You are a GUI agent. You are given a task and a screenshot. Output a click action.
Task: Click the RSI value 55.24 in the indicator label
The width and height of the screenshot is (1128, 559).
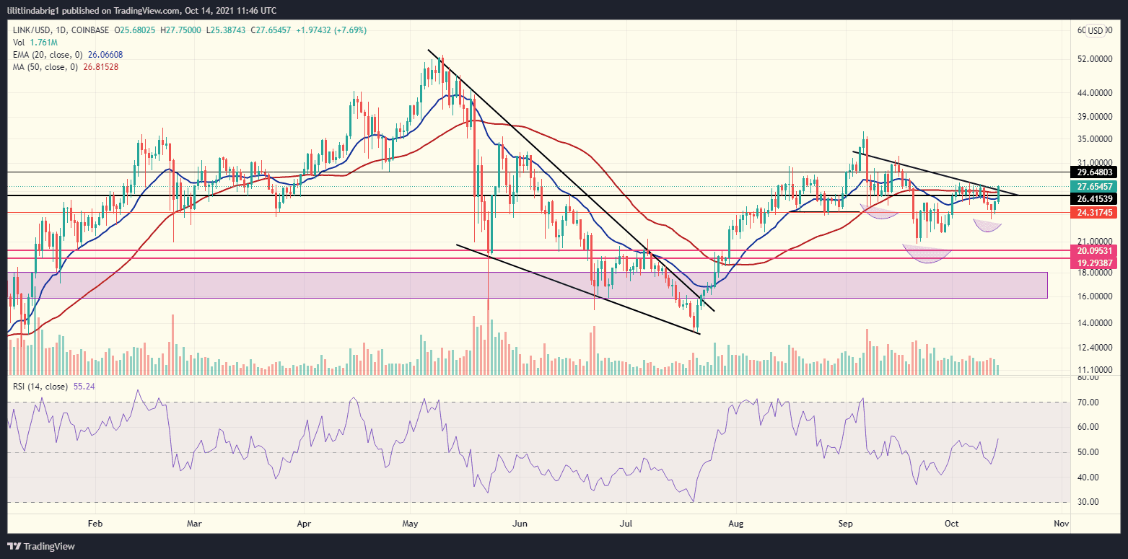[x=85, y=387]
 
